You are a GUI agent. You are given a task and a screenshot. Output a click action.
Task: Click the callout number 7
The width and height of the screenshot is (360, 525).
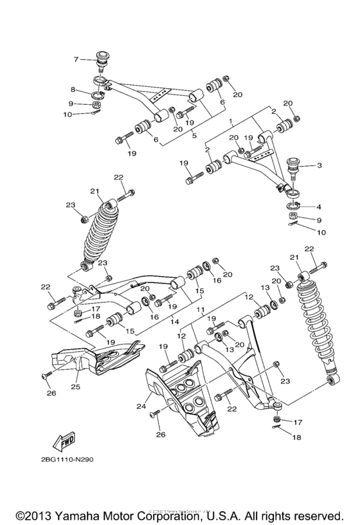pos(76,59)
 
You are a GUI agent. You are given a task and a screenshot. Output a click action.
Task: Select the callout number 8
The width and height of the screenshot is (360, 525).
pos(73,89)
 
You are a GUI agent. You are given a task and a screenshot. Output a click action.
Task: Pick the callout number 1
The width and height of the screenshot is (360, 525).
pos(230,120)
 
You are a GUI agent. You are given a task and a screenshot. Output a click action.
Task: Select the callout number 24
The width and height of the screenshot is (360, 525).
pos(140,407)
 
